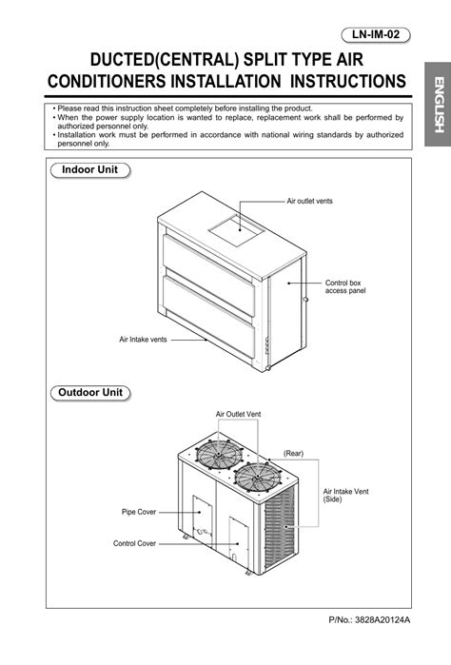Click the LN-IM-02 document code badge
pyautogui.click(x=379, y=34)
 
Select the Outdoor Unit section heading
pyautogui.click(x=91, y=392)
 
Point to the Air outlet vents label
pyautogui.click(x=310, y=202)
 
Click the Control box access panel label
pyautogui.click(x=345, y=286)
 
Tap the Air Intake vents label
pyautogui.click(x=143, y=339)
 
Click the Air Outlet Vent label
pyautogui.click(x=238, y=415)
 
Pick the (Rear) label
pyautogui.click(x=293, y=453)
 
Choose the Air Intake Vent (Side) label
pyautogui.click(x=345, y=495)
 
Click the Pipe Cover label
pyautogui.click(x=139, y=512)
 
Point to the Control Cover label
pyautogui.click(x=135, y=543)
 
